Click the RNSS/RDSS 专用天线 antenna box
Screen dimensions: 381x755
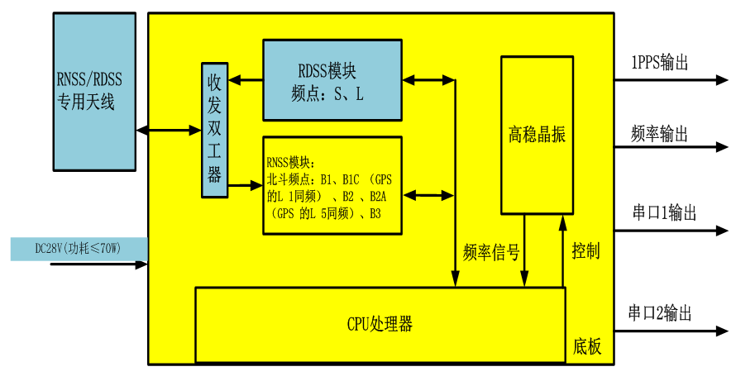(x=93, y=91)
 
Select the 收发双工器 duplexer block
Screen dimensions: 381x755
(x=214, y=130)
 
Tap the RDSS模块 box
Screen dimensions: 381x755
(x=332, y=80)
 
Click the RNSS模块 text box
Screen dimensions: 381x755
(x=332, y=185)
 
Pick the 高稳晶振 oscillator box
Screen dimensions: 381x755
(x=537, y=135)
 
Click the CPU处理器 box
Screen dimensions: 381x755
(x=380, y=324)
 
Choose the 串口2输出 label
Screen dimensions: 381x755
(x=660, y=312)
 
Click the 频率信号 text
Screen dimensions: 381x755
(x=492, y=252)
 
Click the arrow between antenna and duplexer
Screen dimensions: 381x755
(x=169, y=131)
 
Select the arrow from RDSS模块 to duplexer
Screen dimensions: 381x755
(x=246, y=80)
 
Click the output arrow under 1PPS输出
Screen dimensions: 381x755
(x=671, y=80)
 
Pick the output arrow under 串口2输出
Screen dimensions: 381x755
(x=671, y=331)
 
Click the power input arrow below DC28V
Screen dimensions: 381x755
(x=99, y=265)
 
